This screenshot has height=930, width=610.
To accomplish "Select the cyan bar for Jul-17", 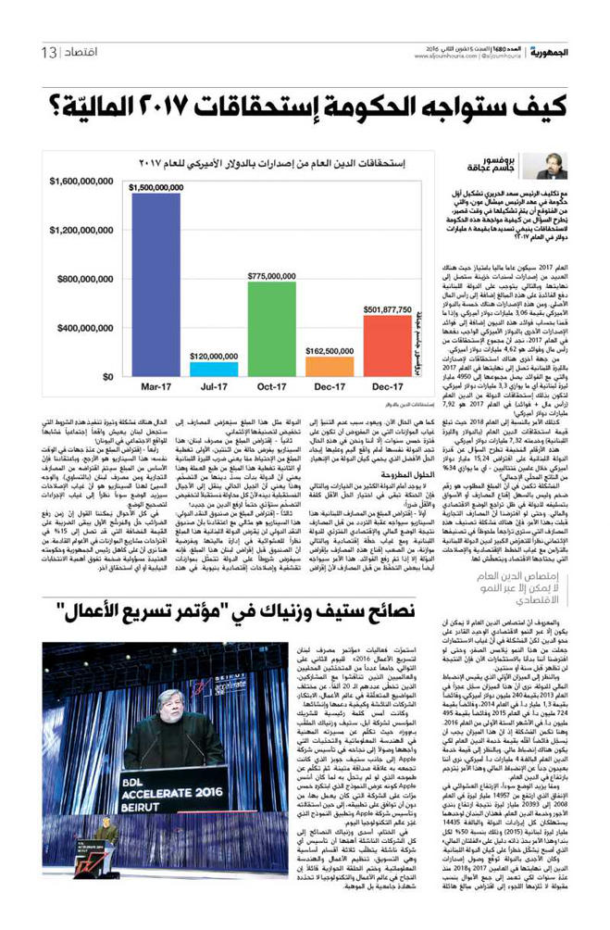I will (x=213, y=369).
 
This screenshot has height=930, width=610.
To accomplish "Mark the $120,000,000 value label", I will (x=213, y=355).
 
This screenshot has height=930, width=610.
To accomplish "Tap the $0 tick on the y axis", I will (x=107, y=376).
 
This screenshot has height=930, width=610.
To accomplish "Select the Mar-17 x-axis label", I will (x=156, y=392).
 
